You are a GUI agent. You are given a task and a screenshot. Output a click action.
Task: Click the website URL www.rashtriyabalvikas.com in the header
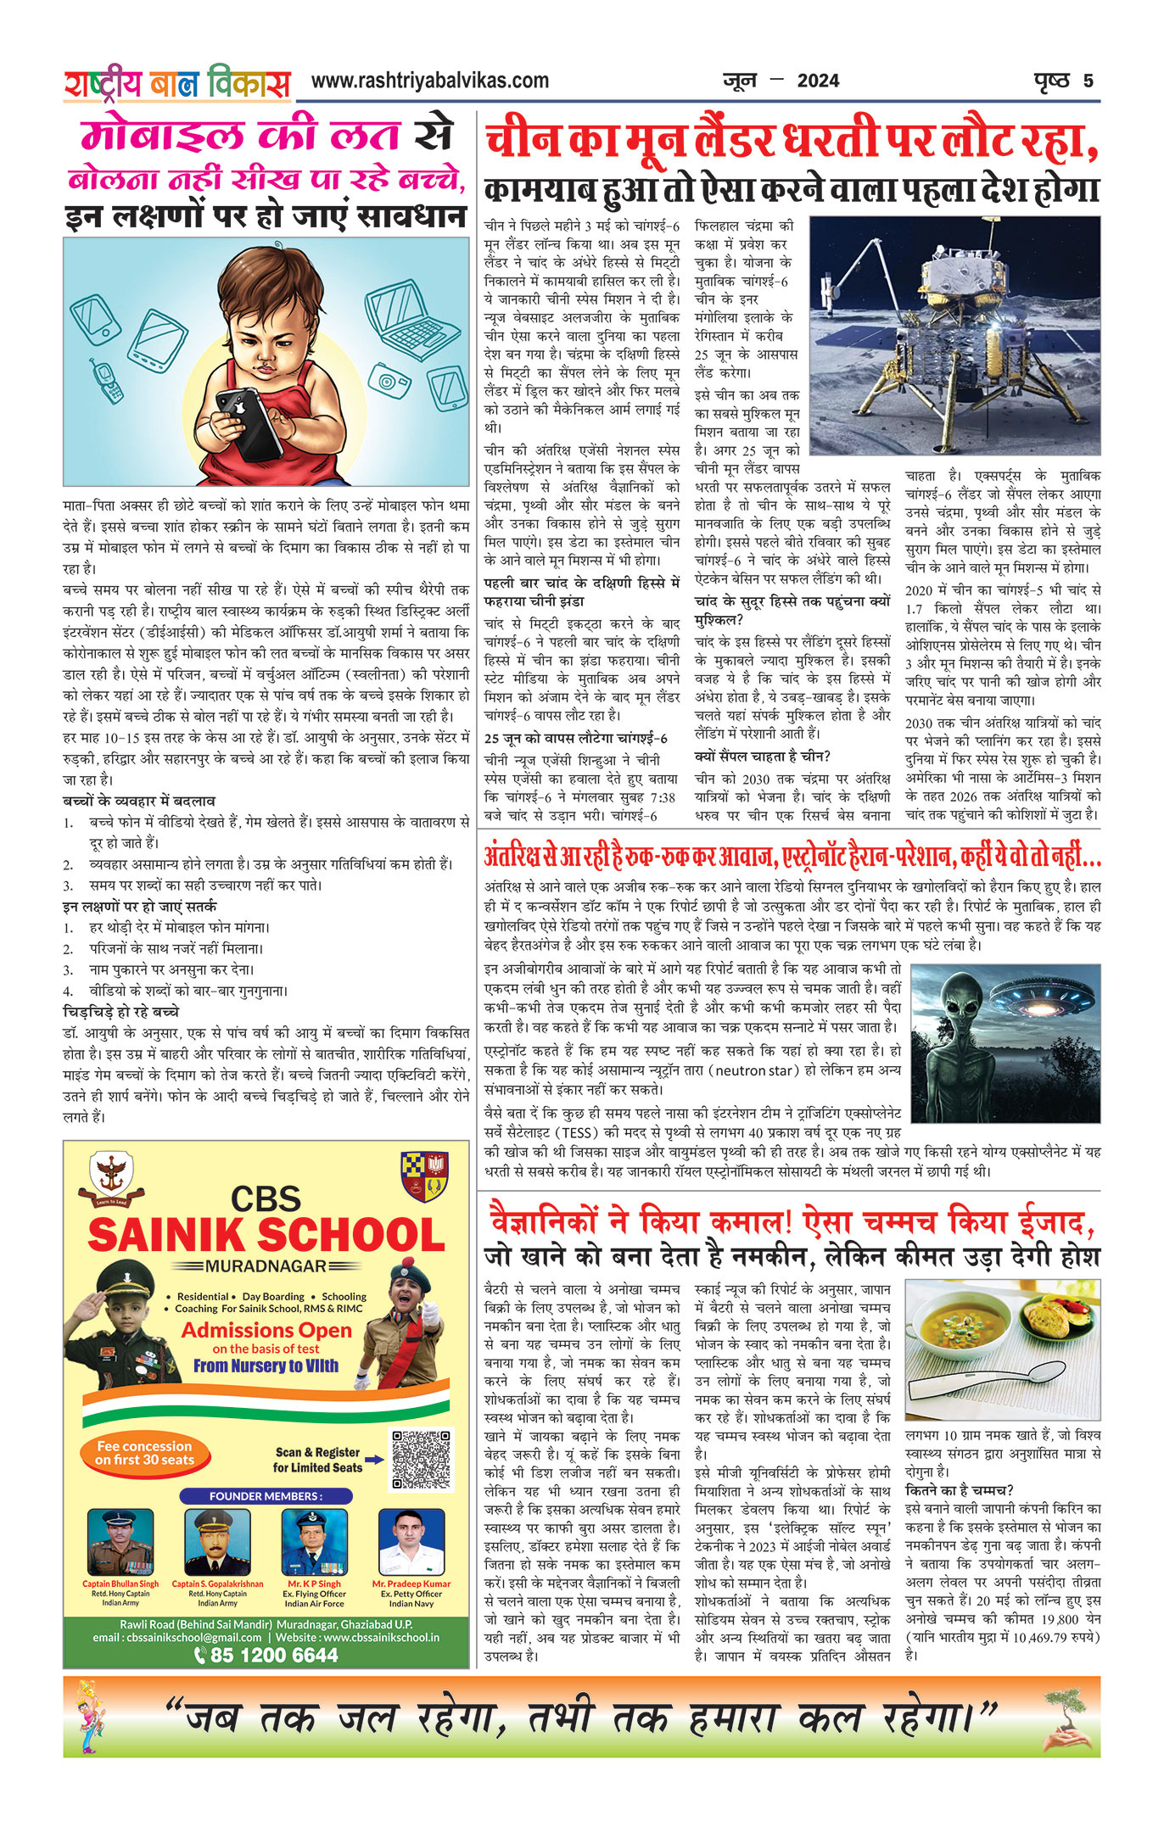(429, 81)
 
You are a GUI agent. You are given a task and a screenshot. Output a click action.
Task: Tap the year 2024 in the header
(818, 81)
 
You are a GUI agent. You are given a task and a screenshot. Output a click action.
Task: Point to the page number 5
(1088, 81)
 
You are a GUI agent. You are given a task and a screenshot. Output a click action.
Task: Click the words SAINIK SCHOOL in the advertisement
(266, 1235)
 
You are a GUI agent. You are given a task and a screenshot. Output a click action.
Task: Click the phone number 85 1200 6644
(266, 1655)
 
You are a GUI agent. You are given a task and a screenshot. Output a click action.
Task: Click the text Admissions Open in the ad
(266, 1330)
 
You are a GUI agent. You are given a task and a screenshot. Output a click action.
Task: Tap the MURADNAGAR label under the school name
(266, 1266)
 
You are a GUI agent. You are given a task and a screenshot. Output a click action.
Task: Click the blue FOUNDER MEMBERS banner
(266, 1495)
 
